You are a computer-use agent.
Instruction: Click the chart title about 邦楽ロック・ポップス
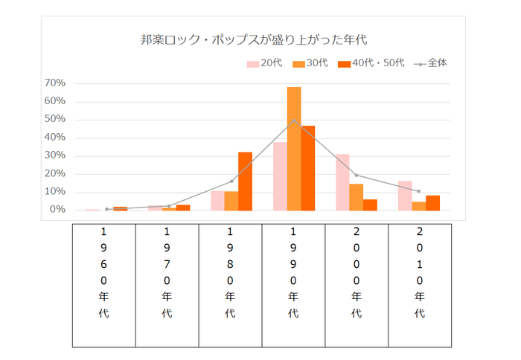click(254, 39)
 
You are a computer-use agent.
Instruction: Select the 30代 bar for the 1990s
click(294, 149)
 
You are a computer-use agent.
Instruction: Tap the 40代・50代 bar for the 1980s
click(245, 181)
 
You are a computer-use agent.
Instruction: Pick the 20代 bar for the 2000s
click(342, 182)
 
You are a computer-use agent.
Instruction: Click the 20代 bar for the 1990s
click(280, 176)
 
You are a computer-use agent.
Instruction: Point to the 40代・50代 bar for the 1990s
click(308, 168)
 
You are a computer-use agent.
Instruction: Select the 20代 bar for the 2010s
click(405, 196)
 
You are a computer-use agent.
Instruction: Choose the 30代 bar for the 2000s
click(357, 197)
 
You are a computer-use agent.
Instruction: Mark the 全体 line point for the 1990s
click(294, 120)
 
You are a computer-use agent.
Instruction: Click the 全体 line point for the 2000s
click(357, 176)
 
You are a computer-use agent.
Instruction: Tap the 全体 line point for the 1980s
click(231, 181)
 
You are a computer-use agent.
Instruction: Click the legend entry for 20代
click(264, 64)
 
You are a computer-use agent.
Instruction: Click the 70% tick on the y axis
click(55, 83)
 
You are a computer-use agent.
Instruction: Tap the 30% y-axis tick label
click(55, 155)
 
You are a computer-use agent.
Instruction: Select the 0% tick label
click(58, 210)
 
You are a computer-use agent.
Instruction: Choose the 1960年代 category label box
click(103, 285)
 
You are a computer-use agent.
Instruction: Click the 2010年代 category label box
click(420, 285)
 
